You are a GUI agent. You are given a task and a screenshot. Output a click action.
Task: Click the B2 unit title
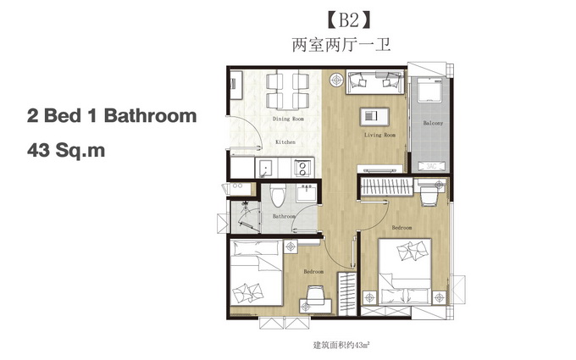click(x=349, y=20)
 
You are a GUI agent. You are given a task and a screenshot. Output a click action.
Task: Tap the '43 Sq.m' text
click(x=66, y=150)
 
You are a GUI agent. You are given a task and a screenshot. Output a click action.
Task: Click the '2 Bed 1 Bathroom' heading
click(x=112, y=116)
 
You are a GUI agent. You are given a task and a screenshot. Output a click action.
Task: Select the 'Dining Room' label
click(x=288, y=119)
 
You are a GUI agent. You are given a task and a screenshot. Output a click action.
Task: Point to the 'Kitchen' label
click(x=285, y=141)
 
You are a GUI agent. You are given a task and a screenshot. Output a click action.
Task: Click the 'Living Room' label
click(x=379, y=135)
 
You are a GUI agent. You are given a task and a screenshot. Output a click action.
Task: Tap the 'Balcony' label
click(x=433, y=123)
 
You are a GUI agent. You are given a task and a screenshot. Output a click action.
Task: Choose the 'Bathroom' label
click(x=284, y=216)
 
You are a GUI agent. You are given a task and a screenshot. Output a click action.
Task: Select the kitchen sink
click(x=263, y=169)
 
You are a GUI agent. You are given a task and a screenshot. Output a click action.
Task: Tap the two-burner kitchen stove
click(x=302, y=168)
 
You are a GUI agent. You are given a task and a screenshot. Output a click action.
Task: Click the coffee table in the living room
click(x=374, y=116)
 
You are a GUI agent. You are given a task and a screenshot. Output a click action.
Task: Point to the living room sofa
click(x=374, y=81)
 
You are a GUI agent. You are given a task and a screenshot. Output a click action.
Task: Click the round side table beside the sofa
click(x=336, y=80)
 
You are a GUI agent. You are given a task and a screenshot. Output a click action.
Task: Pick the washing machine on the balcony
click(x=429, y=90)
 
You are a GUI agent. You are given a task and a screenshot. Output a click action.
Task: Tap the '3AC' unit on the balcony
click(x=431, y=166)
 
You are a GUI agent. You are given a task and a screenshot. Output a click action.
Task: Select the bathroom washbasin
click(x=307, y=192)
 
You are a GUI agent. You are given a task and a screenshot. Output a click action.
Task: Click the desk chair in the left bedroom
click(x=316, y=294)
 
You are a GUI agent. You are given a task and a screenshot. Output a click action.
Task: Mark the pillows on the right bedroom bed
click(x=413, y=250)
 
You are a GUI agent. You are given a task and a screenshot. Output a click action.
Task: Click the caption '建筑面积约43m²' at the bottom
click(x=341, y=346)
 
